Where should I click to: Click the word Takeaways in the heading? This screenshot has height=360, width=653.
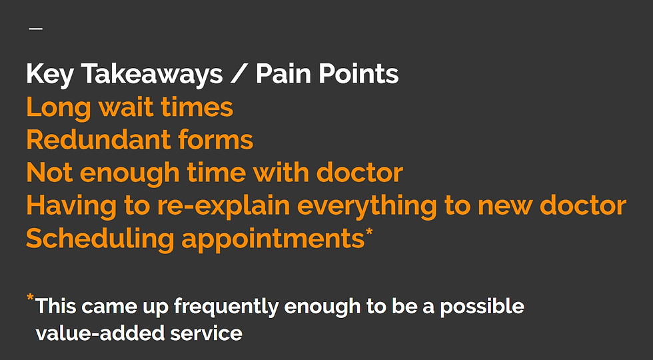pyautogui.click(x=152, y=75)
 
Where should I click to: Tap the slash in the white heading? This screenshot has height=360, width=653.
pyautogui.click(x=239, y=73)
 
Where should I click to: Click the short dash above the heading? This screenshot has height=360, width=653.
pyautogui.click(x=36, y=29)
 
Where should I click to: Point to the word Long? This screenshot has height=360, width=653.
pyautogui.click(x=59, y=108)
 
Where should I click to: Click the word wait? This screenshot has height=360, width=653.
pyautogui.click(x=126, y=107)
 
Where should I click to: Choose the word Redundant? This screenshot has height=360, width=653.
pyautogui.click(x=99, y=139)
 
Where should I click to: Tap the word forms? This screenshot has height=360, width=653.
pyautogui.click(x=216, y=139)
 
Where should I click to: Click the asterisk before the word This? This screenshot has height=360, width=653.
pyautogui.click(x=31, y=297)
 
